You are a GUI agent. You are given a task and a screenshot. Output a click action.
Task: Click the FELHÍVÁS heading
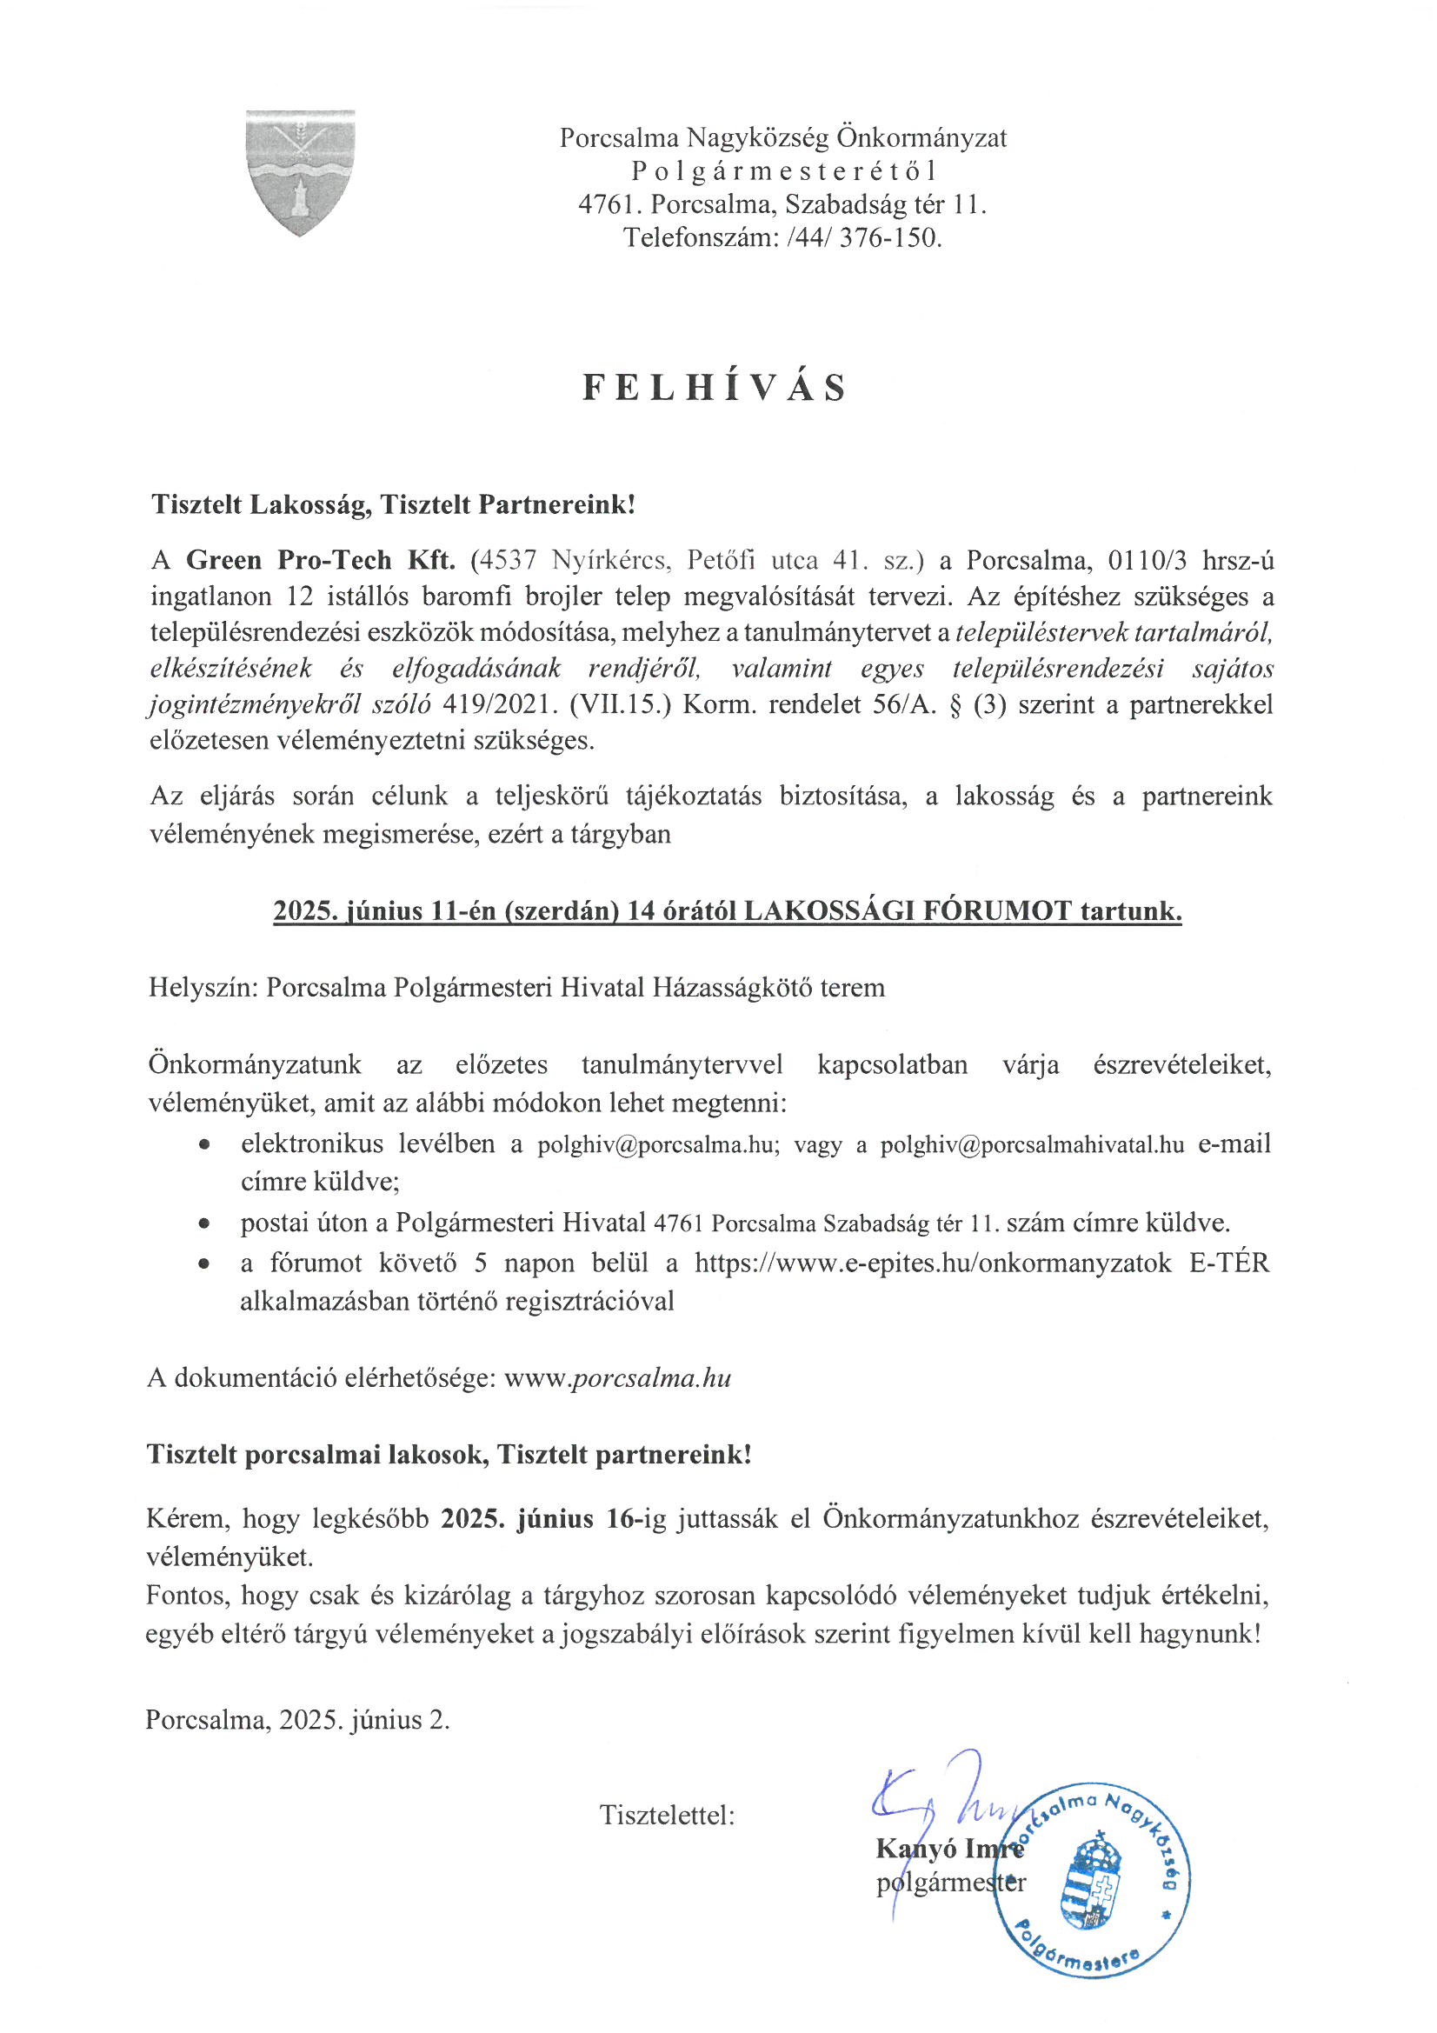pos(715,389)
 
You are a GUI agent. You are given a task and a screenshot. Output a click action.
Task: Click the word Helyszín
pos(203,987)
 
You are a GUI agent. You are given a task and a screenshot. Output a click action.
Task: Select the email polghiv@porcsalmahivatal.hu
pos(1032,1145)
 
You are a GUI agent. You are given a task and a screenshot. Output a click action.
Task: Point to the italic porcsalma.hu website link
pos(653,1377)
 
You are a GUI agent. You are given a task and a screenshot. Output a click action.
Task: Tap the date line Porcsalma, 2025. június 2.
pos(298,1720)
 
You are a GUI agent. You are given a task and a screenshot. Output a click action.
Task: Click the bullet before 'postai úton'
pos(204,1224)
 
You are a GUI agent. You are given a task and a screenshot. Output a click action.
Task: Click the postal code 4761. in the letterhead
pos(610,204)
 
